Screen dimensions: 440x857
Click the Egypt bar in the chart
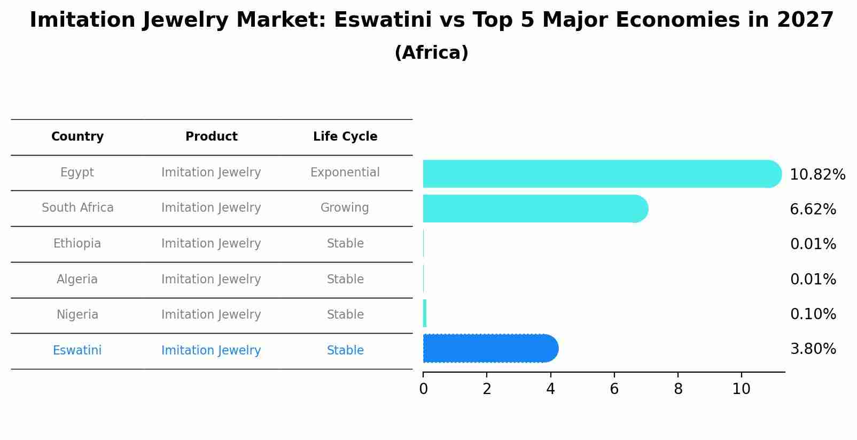(x=601, y=174)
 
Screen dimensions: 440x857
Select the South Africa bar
(x=534, y=209)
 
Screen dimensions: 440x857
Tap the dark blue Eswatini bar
(x=490, y=349)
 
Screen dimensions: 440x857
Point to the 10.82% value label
(x=817, y=175)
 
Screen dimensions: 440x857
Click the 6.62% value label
(x=813, y=210)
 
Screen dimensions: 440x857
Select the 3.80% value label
(x=813, y=349)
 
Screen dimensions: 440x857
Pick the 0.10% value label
(x=813, y=314)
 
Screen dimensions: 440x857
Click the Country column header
(x=77, y=137)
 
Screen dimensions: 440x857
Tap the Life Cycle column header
(x=345, y=137)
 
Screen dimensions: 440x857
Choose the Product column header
(x=211, y=137)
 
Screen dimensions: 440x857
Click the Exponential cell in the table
(x=345, y=173)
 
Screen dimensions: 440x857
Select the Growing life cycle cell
(x=345, y=208)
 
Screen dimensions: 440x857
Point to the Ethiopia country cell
(x=77, y=244)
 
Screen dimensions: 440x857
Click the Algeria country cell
(x=77, y=280)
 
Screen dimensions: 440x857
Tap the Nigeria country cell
(x=77, y=315)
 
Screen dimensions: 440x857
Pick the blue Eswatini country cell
(x=77, y=351)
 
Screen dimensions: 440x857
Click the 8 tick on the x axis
(x=678, y=389)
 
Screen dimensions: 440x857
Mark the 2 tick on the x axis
(x=487, y=389)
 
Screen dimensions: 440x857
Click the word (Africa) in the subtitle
(x=431, y=53)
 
